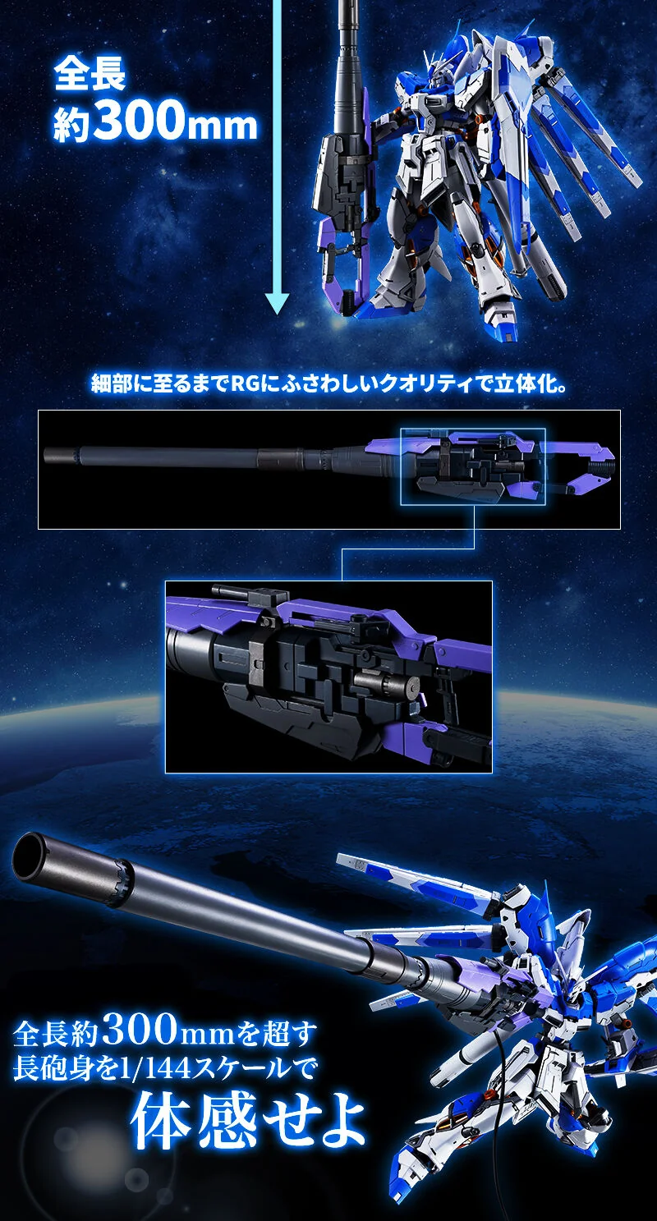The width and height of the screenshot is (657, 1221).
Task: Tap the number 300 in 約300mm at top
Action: [x=139, y=122]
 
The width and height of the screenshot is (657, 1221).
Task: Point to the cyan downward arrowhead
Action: [x=277, y=303]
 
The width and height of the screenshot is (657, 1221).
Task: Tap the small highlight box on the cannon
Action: [x=473, y=466]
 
